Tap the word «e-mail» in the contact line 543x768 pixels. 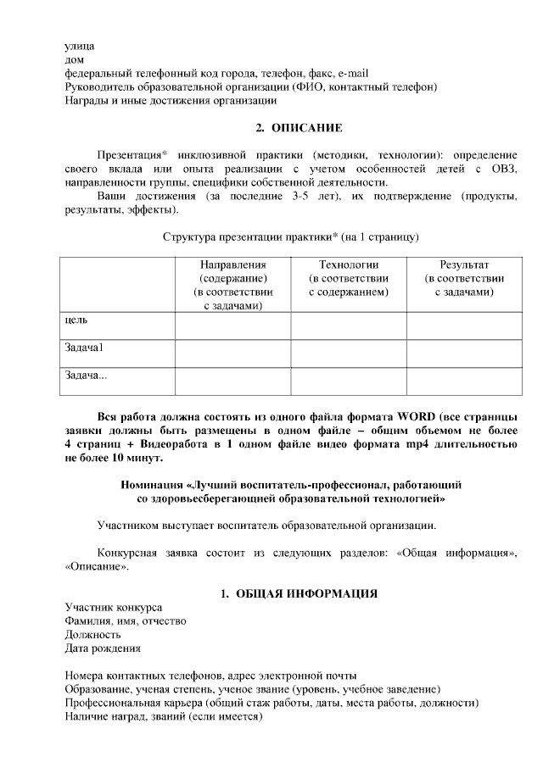[351, 73]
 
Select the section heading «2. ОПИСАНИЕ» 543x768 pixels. [299, 128]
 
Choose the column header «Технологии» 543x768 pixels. [348, 264]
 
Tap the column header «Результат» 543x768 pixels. [464, 264]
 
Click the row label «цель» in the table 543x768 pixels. [76, 320]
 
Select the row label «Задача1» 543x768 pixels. [84, 348]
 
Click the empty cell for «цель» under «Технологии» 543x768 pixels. [348, 326]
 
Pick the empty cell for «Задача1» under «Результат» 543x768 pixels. [464, 353]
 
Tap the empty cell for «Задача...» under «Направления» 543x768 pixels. [232, 381]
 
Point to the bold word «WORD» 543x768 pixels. [414, 416]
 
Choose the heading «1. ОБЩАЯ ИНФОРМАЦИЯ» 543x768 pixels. [299, 593]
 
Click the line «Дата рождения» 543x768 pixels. [103, 648]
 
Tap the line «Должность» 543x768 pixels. [92, 635]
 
